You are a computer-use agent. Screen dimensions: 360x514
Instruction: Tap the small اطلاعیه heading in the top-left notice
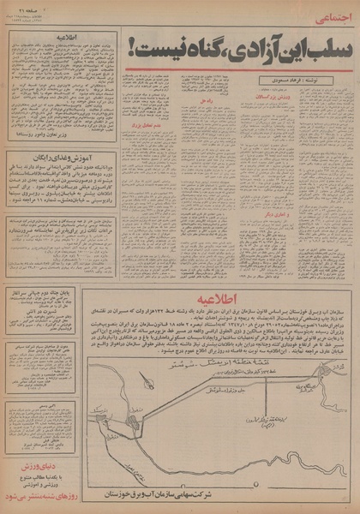tap(57, 39)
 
